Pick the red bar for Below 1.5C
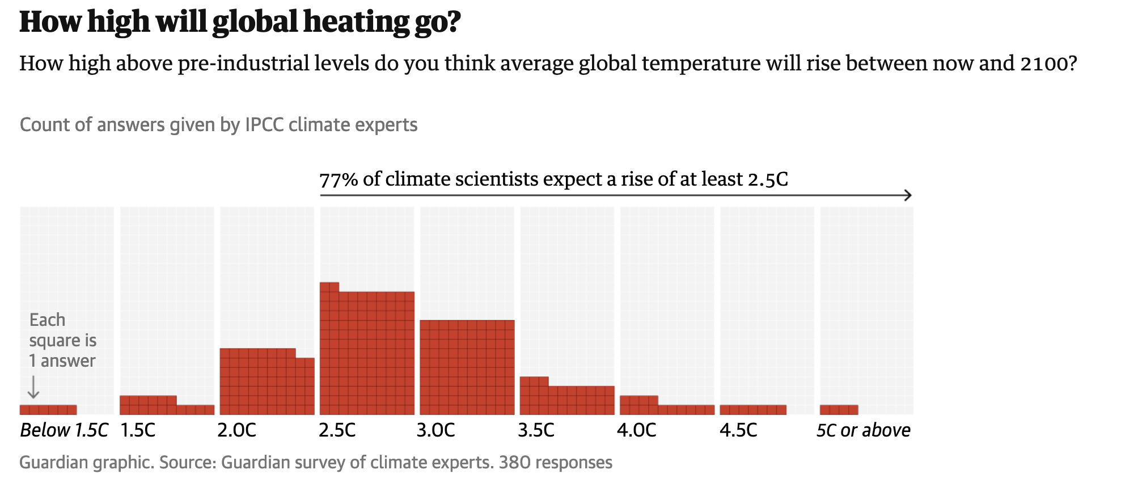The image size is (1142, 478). click(x=48, y=410)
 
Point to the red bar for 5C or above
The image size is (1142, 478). click(x=839, y=410)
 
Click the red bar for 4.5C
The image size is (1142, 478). click(x=752, y=410)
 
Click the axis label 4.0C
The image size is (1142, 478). click(x=636, y=430)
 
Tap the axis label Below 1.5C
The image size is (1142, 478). click(x=64, y=430)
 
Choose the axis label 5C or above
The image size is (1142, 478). click(x=863, y=430)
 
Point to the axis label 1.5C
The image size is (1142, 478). click(x=138, y=430)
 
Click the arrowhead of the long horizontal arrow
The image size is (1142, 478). click(x=908, y=195)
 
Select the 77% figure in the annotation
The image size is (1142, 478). click(x=339, y=180)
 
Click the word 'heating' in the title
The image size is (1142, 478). click(x=356, y=22)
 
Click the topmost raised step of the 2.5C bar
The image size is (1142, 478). click(x=329, y=287)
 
